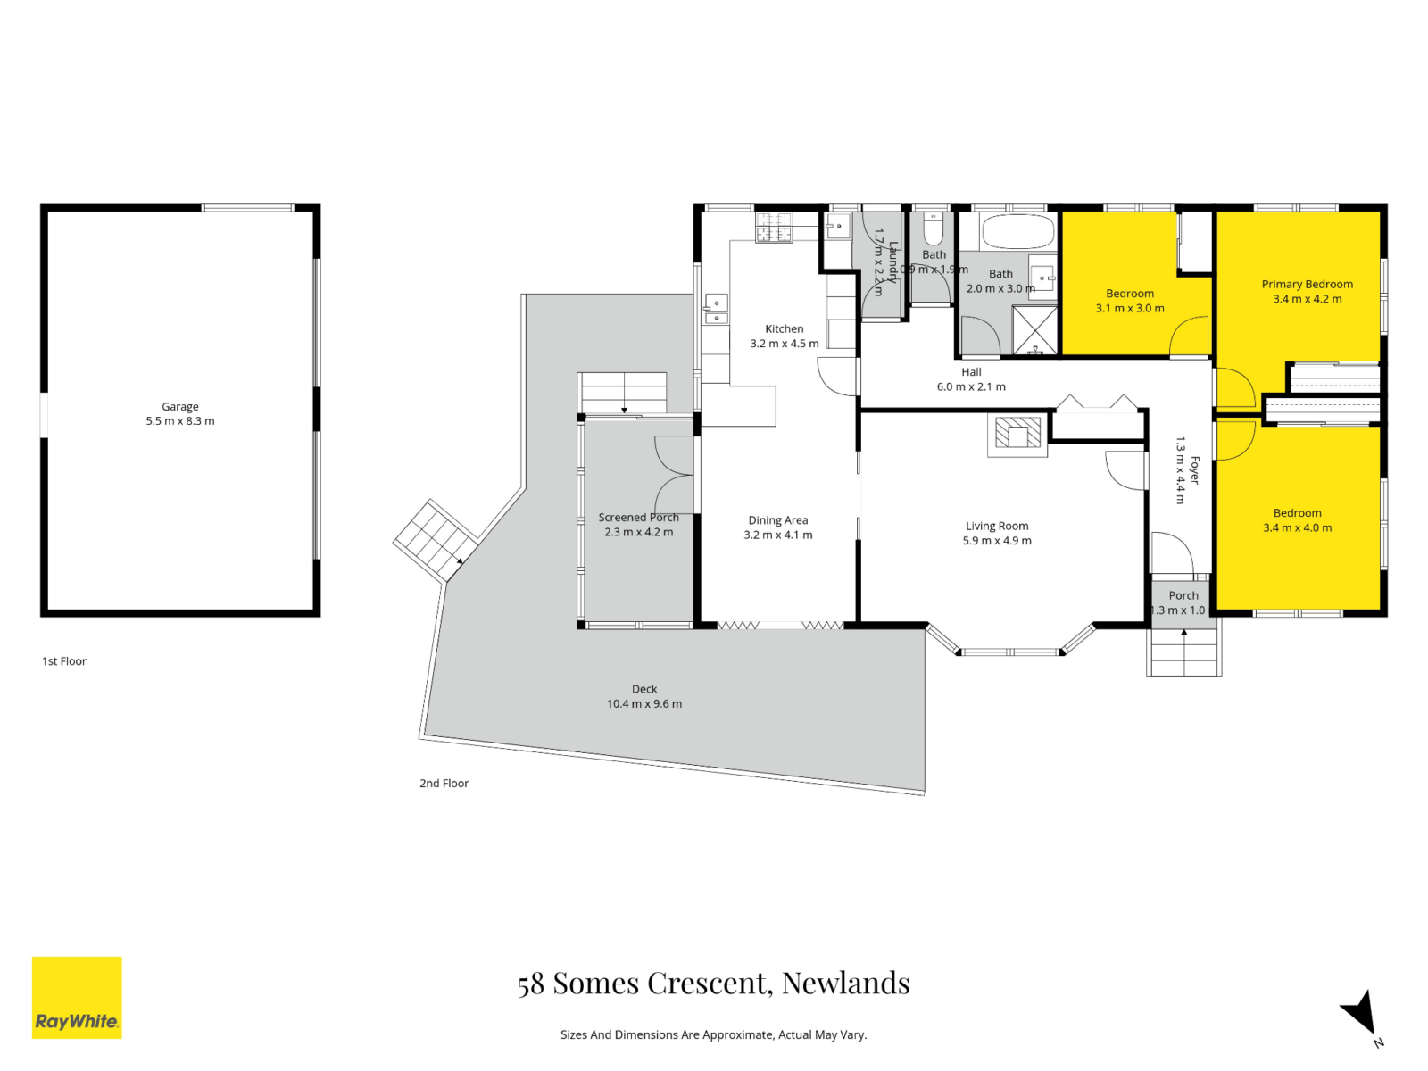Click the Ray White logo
[77, 997]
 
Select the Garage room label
[180, 406]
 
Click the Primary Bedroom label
[1307, 284]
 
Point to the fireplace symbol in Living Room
[1017, 435]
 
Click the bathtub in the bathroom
[1017, 232]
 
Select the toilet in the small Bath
[933, 230]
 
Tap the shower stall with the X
[1034, 330]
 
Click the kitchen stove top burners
[773, 228]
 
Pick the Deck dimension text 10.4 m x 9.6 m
[644, 704]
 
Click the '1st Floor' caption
[64, 661]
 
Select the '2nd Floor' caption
[444, 784]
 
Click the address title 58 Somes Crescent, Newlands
[714, 983]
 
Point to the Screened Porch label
[638, 518]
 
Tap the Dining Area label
[778, 520]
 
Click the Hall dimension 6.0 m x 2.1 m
[971, 387]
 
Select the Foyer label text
[1195, 470]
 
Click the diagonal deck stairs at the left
[434, 539]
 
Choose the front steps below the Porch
[1183, 652]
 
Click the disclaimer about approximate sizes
[714, 1035]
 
